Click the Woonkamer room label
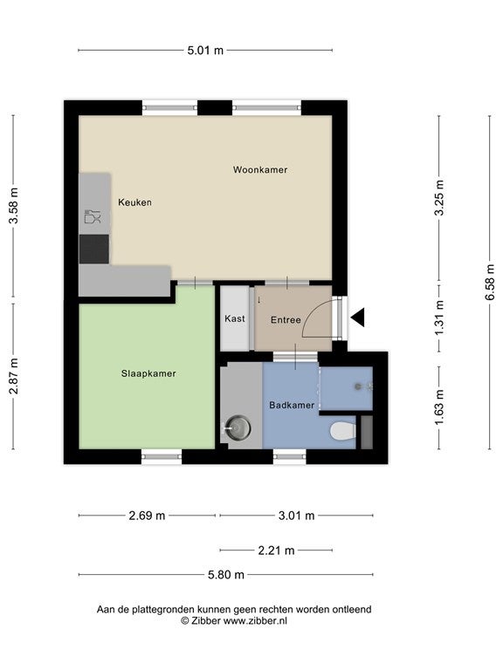coord(260,169)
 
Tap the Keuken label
coord(134,202)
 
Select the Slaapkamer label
coord(148,373)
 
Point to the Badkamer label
coord(292,405)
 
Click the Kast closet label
coord(235,318)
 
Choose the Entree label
coord(286,319)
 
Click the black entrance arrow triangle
coord(357,318)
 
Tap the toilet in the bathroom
coord(343,431)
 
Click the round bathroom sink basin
coord(238,427)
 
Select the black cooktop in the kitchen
coord(94,249)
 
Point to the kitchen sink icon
coord(93,216)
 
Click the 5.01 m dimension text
coord(205,51)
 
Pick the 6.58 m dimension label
coord(490,282)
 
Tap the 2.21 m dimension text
coord(276,550)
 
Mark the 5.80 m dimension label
coord(226,575)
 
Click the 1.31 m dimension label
coord(439,318)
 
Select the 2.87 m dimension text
coord(13,376)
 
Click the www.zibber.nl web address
coord(255,621)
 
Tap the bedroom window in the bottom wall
coord(162,457)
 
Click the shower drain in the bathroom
coord(358,386)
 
